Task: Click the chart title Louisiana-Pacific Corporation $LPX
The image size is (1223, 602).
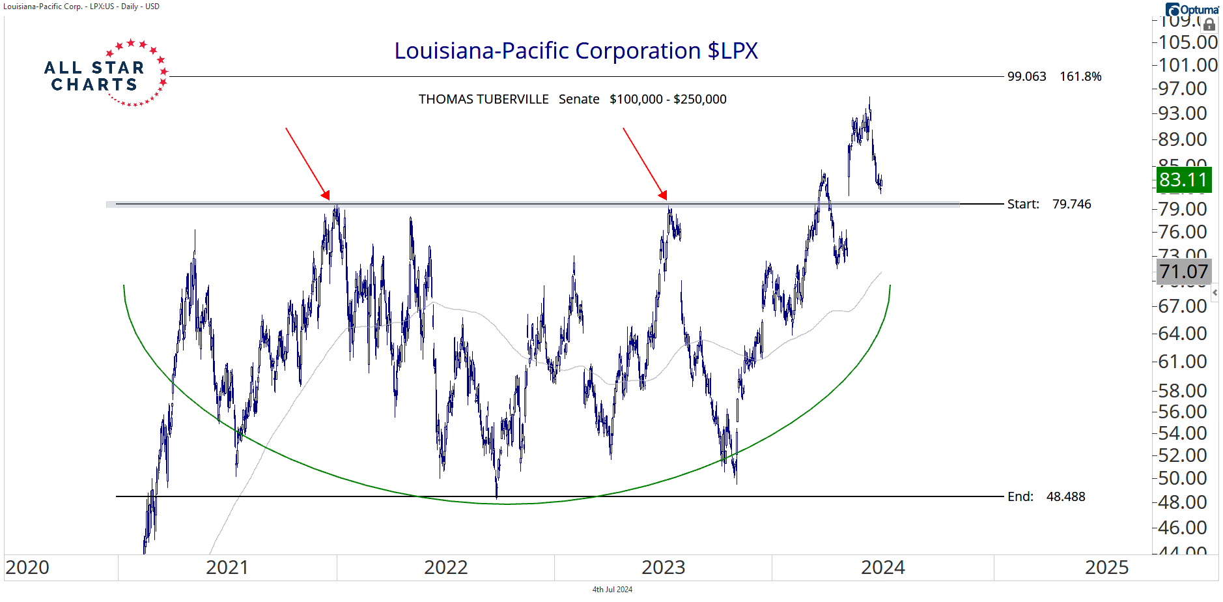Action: pyautogui.click(x=576, y=51)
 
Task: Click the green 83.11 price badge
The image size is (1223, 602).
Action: pyautogui.click(x=1183, y=180)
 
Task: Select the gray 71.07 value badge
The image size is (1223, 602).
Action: pyautogui.click(x=1183, y=272)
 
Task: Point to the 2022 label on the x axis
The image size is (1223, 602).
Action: pyautogui.click(x=445, y=567)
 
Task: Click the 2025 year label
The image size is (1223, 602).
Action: pyautogui.click(x=1106, y=567)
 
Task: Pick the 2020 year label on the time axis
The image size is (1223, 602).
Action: pyautogui.click(x=27, y=567)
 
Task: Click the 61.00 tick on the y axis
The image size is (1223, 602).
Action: pyautogui.click(x=1183, y=362)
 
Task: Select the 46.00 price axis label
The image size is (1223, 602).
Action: pyautogui.click(x=1183, y=528)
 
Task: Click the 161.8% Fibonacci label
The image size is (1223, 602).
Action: pyautogui.click(x=1080, y=76)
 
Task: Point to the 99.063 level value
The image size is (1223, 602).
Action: pyautogui.click(x=1026, y=76)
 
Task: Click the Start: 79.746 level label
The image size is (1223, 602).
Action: pyautogui.click(x=1048, y=204)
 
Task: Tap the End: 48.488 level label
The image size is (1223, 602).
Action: pyautogui.click(x=1046, y=496)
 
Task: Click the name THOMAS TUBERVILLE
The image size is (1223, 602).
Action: pyautogui.click(x=483, y=99)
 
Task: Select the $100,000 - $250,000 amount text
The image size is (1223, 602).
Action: pyautogui.click(x=668, y=99)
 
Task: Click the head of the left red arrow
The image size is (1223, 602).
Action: pyautogui.click(x=326, y=196)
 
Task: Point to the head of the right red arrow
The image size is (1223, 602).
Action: pyautogui.click(x=664, y=195)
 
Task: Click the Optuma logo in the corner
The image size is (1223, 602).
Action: pyautogui.click(x=1192, y=9)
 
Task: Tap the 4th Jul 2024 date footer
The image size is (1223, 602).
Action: pyautogui.click(x=612, y=590)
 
